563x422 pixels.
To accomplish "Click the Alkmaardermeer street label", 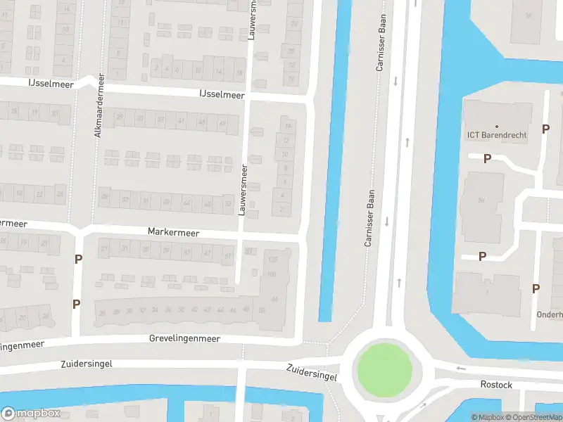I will [x=99, y=105].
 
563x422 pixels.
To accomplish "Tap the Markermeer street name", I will [x=173, y=232].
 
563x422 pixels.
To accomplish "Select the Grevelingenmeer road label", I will [x=184, y=338].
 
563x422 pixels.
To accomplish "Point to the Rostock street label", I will [x=496, y=385].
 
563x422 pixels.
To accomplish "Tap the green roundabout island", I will [x=384, y=370].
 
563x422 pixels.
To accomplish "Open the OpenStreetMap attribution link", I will [x=533, y=417].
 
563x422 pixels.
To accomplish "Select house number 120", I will [x=272, y=260].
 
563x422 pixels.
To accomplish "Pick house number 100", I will [x=271, y=274].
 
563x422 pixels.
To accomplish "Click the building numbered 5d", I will [x=481, y=200].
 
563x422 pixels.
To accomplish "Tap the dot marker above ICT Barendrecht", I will [x=496, y=126].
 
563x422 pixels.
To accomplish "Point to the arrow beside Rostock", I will [x=461, y=369].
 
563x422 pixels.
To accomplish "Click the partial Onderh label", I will [x=549, y=314].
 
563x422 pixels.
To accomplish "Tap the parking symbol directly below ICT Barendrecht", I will [x=487, y=159].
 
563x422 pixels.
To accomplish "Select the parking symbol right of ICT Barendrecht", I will [x=545, y=129].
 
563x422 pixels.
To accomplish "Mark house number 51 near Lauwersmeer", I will [x=227, y=256].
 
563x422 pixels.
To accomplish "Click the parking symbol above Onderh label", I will [x=536, y=288].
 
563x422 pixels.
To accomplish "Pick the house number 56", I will [x=262, y=310].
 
